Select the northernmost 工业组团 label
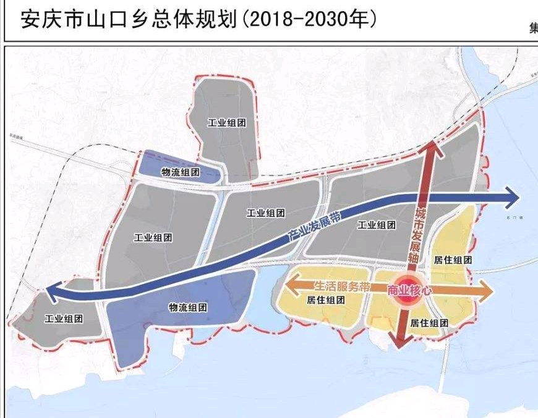[227, 123]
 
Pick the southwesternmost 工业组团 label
[64, 319]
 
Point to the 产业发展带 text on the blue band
[315, 226]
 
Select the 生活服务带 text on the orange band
[342, 286]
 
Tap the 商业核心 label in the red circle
[408, 290]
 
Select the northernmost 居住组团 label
[453, 260]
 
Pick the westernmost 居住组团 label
[325, 300]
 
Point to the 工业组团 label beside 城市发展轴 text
[377, 225]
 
